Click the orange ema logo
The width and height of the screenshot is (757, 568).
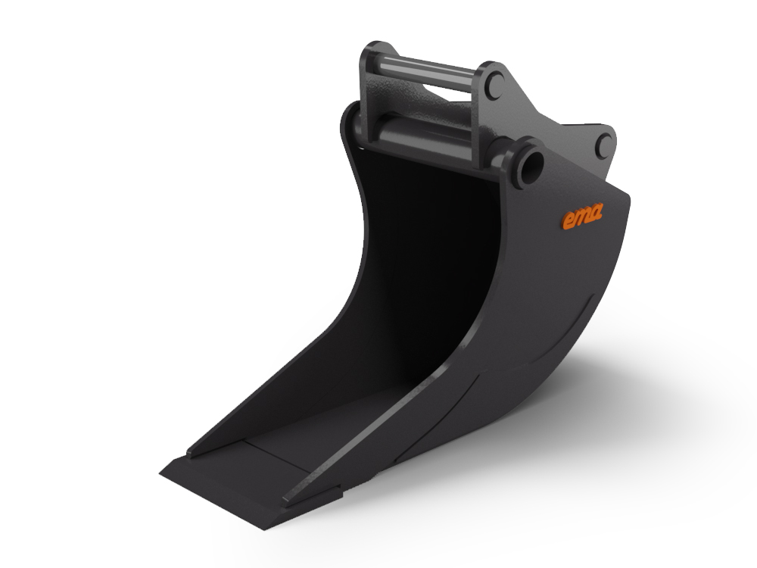[581, 217]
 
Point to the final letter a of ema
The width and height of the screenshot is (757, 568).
[595, 214]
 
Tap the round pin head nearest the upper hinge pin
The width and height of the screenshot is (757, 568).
[494, 84]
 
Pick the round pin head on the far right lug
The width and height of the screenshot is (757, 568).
[603, 145]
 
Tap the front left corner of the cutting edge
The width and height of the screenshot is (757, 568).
[164, 473]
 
